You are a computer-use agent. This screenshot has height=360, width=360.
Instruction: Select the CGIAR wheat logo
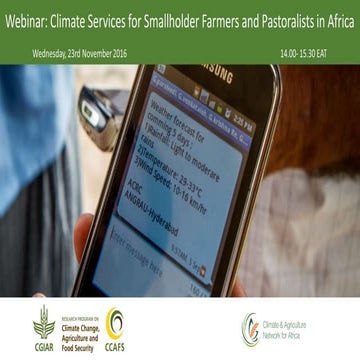tap(44, 321)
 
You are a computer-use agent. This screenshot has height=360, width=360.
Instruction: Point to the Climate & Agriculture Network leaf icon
tap(250, 327)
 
